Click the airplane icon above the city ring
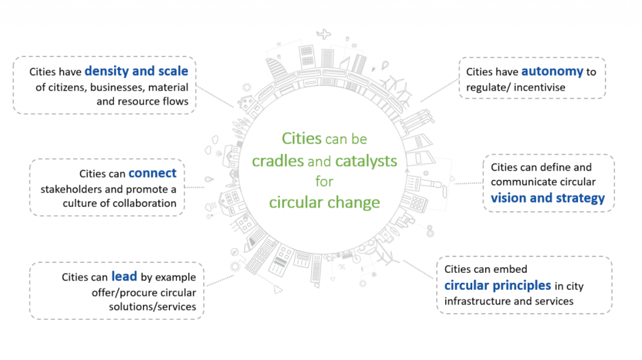click(x=324, y=34)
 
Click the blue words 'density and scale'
click(x=136, y=71)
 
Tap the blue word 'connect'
click(x=152, y=172)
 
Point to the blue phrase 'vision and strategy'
click(x=547, y=198)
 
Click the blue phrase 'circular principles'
click(x=498, y=285)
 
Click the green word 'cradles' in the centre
click(x=278, y=161)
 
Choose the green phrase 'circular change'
click(x=324, y=203)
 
